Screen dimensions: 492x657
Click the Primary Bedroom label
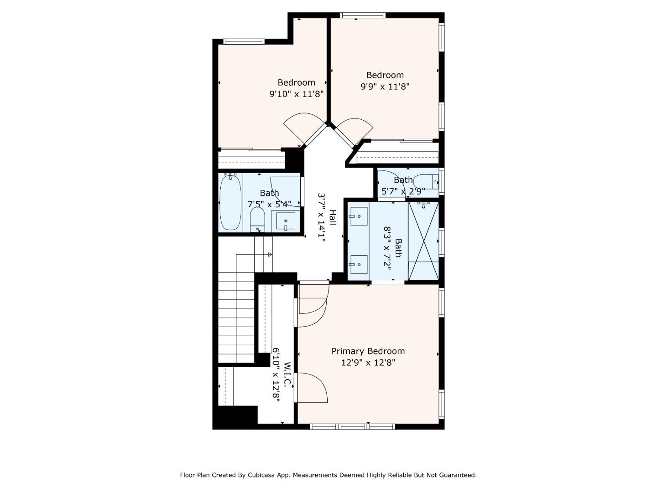pos(368,351)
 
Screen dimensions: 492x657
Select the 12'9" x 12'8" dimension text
pos(368,363)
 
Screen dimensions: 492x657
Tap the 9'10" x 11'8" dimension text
pos(296,94)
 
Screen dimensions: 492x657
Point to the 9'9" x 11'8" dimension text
pos(385,87)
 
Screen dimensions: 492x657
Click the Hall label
pos(333,218)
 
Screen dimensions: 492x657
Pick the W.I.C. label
pos(287,374)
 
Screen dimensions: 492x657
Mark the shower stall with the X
pos(424,241)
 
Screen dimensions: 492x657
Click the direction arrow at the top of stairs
pos(270,254)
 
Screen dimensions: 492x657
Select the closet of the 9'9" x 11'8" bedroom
pos(397,153)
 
